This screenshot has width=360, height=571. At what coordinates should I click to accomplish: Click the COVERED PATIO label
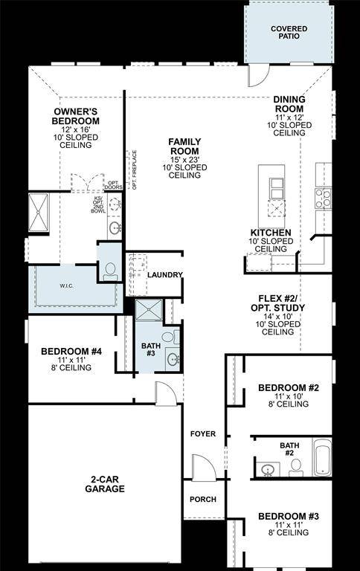pos(288,31)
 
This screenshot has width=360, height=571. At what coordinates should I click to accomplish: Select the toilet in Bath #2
pos(295,467)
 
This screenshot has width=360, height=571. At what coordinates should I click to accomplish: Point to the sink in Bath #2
pos(267,469)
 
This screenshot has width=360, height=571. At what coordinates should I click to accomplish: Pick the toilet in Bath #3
pos(168,338)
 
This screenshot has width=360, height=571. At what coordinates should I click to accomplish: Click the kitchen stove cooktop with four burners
pos(323,197)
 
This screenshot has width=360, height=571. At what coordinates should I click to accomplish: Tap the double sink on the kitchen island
pos(277,189)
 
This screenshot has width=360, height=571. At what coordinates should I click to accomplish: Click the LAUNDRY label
pos(164,275)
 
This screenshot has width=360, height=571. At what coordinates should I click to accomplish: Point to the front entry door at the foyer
pos(203,469)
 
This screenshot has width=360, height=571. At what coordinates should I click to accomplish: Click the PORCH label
pos(203,500)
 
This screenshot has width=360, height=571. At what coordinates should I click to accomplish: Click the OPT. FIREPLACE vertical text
pos(135,170)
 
